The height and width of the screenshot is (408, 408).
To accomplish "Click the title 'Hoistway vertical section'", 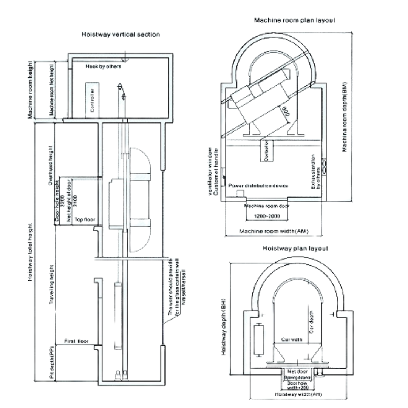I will click(121, 34).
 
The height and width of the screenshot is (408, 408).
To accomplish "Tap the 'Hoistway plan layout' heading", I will click(295, 249).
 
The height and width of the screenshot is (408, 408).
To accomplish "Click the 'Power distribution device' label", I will click(259, 185).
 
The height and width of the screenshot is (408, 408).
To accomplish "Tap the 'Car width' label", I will click(291, 340).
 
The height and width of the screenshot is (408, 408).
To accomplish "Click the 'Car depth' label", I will click(312, 324).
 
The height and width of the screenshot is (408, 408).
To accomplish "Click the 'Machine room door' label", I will click(267, 206).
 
